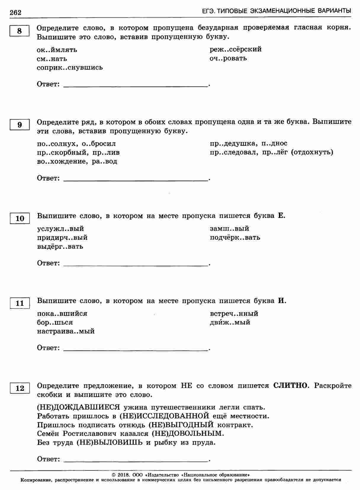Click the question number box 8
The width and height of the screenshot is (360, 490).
point(20,31)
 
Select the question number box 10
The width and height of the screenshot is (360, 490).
point(20,219)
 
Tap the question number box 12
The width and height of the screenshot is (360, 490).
point(20,388)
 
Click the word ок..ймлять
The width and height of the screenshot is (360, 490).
point(57,50)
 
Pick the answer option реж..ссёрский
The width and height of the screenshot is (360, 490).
point(236,49)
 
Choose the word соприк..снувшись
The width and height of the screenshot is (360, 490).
point(70,68)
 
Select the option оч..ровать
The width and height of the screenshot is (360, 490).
point(228,58)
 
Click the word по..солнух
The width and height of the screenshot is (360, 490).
point(55,144)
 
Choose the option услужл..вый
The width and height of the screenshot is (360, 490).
point(60,229)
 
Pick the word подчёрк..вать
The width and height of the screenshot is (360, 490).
point(235,238)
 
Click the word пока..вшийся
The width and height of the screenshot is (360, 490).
point(62,313)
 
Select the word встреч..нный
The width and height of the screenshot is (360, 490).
point(234,313)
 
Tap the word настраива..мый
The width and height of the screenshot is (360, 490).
point(66,331)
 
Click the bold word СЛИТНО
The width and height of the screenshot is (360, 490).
point(291,386)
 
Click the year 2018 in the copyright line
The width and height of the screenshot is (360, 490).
point(122,475)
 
